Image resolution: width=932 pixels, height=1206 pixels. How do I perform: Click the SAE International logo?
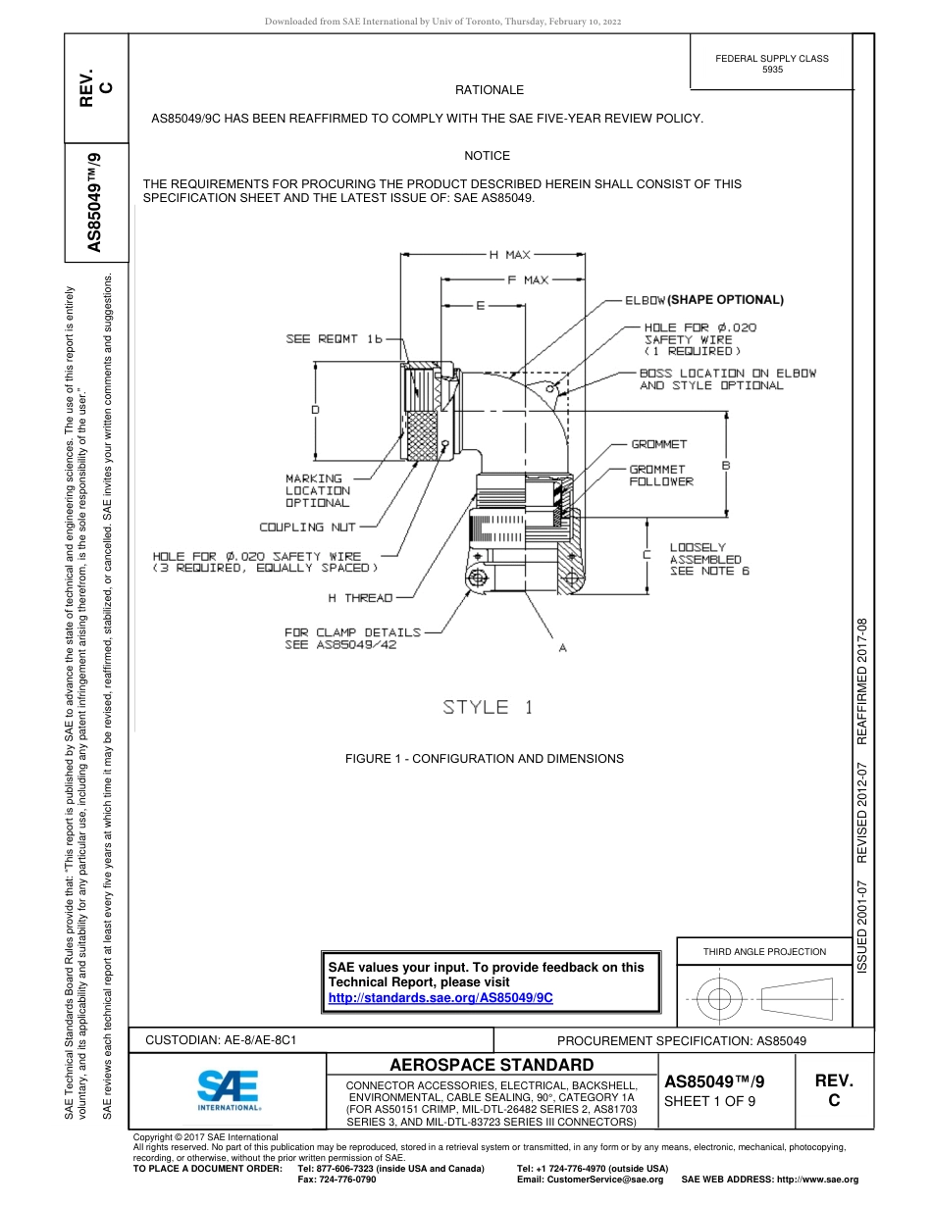click(x=228, y=1088)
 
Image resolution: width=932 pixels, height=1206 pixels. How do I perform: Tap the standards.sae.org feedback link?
click(x=440, y=997)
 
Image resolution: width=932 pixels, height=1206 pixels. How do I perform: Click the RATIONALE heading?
click(x=490, y=90)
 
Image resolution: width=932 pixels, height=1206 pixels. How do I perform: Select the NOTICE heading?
click(x=488, y=156)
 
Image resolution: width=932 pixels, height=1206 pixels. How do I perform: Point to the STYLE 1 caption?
click(x=488, y=707)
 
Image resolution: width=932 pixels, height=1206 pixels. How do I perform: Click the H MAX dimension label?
click(x=509, y=255)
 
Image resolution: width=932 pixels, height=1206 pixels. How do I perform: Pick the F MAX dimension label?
click(x=527, y=280)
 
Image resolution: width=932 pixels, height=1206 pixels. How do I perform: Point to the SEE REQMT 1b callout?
click(x=334, y=339)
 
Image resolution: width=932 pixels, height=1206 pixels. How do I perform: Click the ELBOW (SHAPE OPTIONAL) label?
click(x=704, y=299)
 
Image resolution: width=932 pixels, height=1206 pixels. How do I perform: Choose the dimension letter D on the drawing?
click(x=314, y=410)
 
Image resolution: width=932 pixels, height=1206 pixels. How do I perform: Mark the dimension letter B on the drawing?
click(x=726, y=465)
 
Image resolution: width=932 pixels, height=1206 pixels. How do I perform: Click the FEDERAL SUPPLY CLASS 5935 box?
click(x=771, y=64)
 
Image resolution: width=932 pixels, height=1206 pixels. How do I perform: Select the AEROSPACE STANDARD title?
click(x=492, y=1065)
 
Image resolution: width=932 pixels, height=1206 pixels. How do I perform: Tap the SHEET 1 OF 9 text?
click(x=709, y=1101)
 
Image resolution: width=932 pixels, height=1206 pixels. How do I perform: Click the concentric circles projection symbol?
click(x=720, y=1000)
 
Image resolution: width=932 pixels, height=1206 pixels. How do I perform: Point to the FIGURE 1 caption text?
click(x=484, y=759)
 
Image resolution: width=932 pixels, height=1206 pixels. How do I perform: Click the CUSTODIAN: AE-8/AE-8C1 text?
click(x=221, y=1039)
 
